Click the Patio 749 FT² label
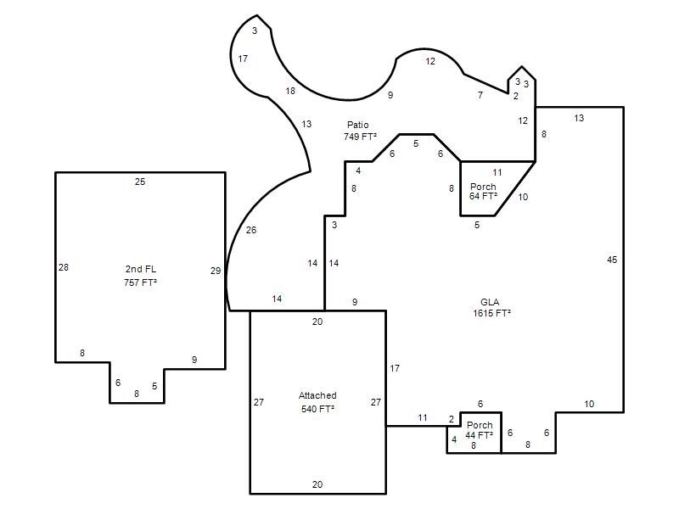[x=360, y=131]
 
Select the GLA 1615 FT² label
[x=491, y=308]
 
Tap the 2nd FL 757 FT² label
[x=140, y=276]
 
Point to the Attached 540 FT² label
[x=317, y=402]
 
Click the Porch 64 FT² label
[x=483, y=192]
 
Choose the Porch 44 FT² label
[x=480, y=430]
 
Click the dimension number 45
[x=612, y=260]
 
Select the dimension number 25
[x=140, y=182]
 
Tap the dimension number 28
[x=64, y=267]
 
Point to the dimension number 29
[x=216, y=271]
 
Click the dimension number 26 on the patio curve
[x=251, y=230]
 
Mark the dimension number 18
[x=290, y=91]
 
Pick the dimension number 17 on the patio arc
[x=243, y=59]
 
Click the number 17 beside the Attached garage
[x=395, y=368]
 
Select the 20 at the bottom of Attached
[x=317, y=484]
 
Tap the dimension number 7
[x=480, y=95]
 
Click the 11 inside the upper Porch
[x=497, y=173]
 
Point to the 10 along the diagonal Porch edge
[x=523, y=197]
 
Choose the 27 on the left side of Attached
[x=259, y=402]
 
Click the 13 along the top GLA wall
[x=579, y=118]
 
